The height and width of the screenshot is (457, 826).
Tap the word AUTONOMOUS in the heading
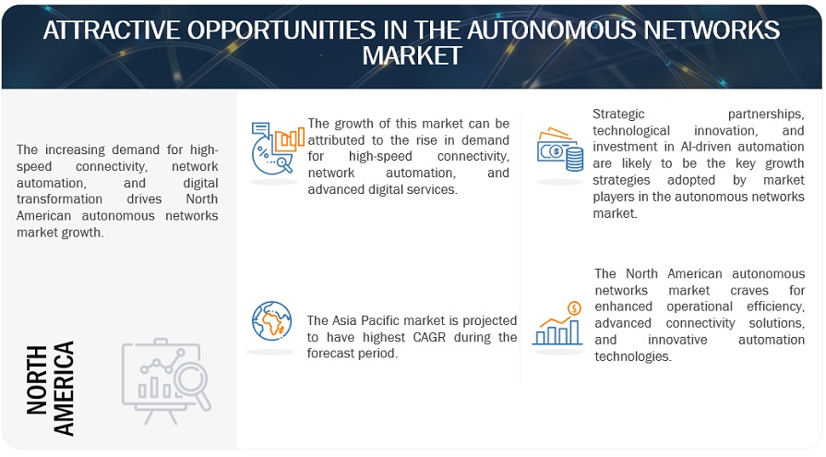(551, 30)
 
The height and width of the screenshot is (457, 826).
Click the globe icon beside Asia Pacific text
(272, 321)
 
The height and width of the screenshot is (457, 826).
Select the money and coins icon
(560, 150)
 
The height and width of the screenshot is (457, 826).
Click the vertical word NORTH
(37, 379)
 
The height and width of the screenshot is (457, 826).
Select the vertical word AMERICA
(64, 389)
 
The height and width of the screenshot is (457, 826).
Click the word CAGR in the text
(429, 337)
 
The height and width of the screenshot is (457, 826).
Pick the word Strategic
(618, 114)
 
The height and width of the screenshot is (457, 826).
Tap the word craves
(749, 291)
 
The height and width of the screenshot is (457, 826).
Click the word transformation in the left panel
(59, 199)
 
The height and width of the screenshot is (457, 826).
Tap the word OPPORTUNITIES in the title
(281, 30)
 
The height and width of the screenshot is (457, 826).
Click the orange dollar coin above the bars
(574, 307)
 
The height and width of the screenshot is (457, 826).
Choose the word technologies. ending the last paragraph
(633, 357)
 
